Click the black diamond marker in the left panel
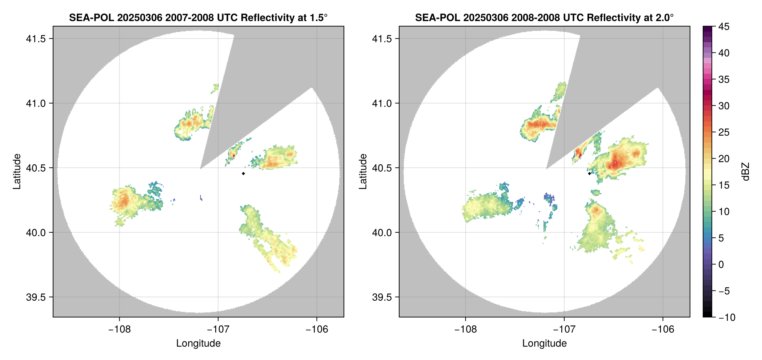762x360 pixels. (x=243, y=173)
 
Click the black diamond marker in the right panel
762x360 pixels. (x=589, y=173)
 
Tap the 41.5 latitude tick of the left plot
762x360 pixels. (x=36, y=39)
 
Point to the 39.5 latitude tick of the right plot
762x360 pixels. (x=382, y=297)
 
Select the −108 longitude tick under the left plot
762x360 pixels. (x=119, y=329)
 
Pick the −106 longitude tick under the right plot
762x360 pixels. (x=663, y=329)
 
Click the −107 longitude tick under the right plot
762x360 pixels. (x=564, y=329)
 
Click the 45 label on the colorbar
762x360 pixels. (x=724, y=27)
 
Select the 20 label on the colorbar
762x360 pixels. (x=724, y=159)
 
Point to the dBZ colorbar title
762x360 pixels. (x=746, y=172)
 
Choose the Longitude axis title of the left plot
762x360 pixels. (x=198, y=343)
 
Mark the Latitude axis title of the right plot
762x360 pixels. (x=363, y=172)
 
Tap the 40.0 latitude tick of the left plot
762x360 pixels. (x=36, y=233)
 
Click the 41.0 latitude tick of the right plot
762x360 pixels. (x=382, y=104)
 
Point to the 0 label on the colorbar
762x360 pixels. (x=721, y=265)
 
